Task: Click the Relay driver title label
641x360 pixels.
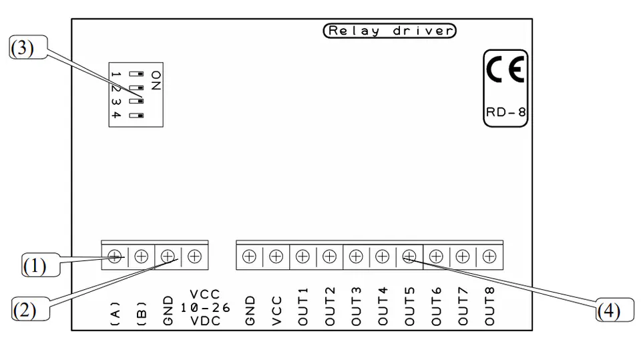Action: tap(389, 31)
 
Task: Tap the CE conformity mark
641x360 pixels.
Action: tap(505, 69)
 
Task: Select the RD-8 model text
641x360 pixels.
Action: tap(505, 112)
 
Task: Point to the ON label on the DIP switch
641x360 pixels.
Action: tap(156, 80)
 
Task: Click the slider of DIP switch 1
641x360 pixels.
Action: tap(136, 74)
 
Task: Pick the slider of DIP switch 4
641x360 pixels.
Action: tap(136, 116)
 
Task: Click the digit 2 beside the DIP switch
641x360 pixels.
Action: tap(116, 89)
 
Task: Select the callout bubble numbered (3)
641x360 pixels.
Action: tap(28, 47)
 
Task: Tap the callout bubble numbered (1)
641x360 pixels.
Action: tap(41, 265)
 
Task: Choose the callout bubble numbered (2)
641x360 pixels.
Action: tap(31, 309)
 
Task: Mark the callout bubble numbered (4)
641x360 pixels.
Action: tap(614, 310)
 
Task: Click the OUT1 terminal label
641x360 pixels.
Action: tap(302, 307)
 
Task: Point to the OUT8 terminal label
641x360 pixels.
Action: tap(489, 307)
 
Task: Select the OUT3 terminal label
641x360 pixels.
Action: tap(356, 307)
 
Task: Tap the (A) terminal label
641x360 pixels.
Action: tap(116, 314)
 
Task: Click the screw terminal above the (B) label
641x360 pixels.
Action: tap(141, 256)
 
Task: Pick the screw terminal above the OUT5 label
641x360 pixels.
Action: tap(409, 256)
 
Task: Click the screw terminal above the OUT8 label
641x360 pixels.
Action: tap(489, 256)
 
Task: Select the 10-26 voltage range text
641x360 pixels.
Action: tap(205, 308)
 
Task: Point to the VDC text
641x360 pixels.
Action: tap(206, 321)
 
